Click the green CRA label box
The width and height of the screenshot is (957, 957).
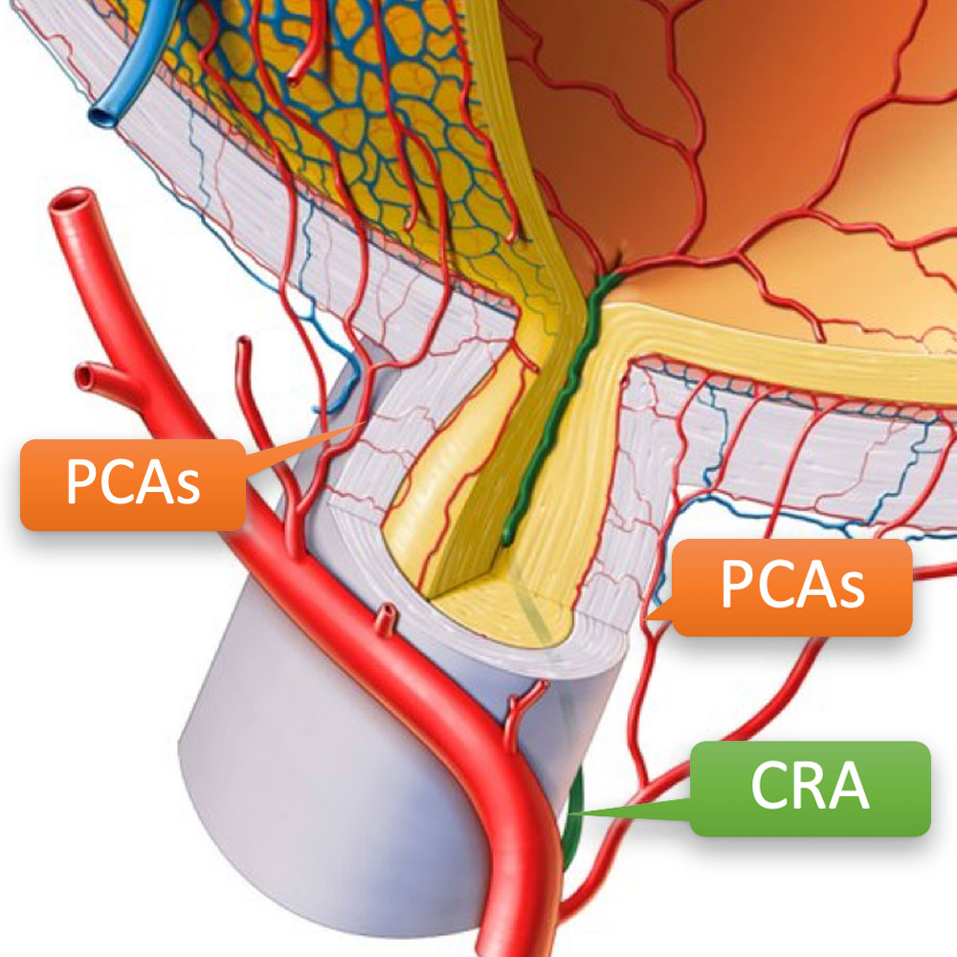pos(810,788)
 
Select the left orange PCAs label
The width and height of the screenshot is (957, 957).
pos(132,484)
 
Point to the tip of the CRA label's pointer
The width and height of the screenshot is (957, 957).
pos(571,814)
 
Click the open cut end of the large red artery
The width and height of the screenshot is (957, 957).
pos(75,203)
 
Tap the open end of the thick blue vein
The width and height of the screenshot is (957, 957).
pos(100,117)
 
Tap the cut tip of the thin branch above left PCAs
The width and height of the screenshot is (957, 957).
pos(243,345)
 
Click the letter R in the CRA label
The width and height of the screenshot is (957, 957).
pos(809,788)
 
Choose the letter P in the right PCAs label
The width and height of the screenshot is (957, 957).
pos(738,587)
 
